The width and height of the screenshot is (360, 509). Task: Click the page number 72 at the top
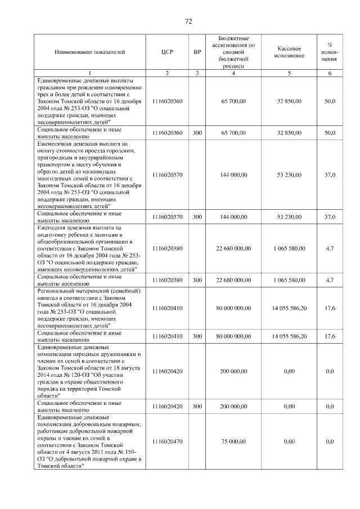point(188,21)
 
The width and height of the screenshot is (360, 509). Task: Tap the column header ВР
point(197,52)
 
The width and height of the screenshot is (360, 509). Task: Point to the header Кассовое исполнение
point(289,52)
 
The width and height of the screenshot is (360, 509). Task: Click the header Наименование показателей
point(90,52)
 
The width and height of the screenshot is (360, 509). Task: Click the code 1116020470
point(168,442)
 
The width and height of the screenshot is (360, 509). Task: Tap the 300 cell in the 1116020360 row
point(197,133)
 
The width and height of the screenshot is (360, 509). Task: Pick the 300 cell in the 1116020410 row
point(197,336)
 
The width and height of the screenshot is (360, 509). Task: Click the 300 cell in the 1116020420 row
point(197,406)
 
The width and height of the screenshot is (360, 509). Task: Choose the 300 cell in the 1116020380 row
point(197,280)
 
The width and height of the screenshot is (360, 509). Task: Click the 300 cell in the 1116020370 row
point(197,217)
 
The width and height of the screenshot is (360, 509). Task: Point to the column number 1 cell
point(90,73)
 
